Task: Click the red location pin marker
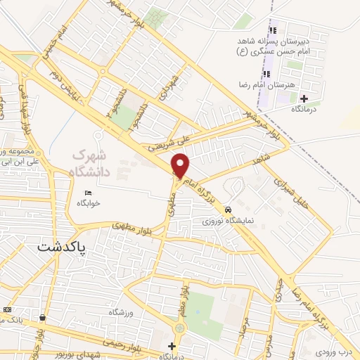pos(181,165)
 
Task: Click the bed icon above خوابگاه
pos(89,193)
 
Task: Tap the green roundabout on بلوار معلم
pos(179,328)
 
